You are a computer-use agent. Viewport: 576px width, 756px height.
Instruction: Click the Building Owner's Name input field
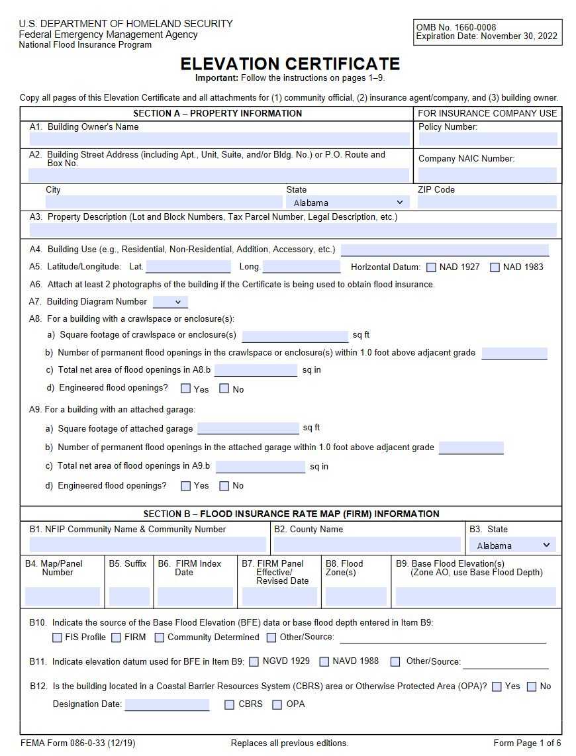click(x=219, y=139)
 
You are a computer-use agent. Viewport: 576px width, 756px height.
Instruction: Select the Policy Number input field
click(x=487, y=139)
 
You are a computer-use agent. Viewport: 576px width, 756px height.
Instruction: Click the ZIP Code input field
click(x=487, y=203)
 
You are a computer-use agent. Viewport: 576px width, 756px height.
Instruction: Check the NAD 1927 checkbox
click(x=431, y=267)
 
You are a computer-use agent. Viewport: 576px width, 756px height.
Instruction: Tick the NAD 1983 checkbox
click(x=495, y=267)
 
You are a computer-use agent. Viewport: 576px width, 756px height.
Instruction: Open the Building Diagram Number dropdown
click(x=170, y=302)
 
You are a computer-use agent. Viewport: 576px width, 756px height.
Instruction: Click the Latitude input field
click(x=188, y=267)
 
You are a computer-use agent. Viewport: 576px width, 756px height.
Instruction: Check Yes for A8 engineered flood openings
click(x=186, y=389)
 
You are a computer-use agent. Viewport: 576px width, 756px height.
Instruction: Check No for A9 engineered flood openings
click(x=224, y=486)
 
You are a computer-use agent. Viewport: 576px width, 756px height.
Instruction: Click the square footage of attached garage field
click(x=248, y=428)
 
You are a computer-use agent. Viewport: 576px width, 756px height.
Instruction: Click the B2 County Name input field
click(x=367, y=545)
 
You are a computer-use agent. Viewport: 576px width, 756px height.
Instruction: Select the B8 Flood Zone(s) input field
click(x=356, y=596)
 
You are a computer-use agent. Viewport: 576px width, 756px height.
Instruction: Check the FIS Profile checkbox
click(x=58, y=638)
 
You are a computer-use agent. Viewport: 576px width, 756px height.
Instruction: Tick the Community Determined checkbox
click(x=160, y=638)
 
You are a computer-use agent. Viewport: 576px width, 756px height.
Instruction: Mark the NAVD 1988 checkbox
click(x=324, y=661)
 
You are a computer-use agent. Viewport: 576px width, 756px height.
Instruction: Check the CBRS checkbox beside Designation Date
click(x=229, y=704)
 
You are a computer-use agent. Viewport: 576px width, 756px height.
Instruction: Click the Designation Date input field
click(x=167, y=704)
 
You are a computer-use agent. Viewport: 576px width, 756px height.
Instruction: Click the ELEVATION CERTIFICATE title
click(x=290, y=64)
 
